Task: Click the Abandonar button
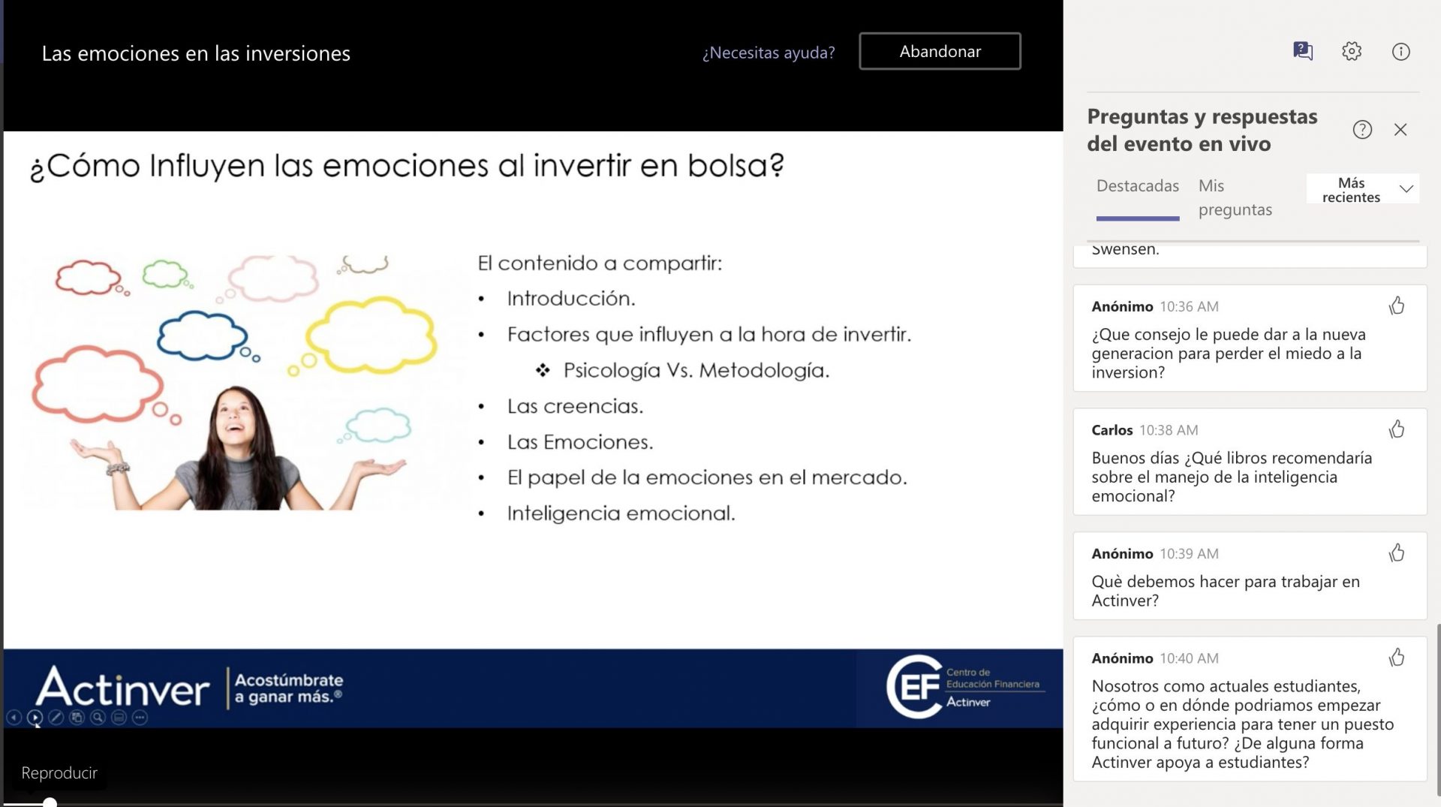(x=940, y=51)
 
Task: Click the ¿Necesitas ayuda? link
(x=769, y=53)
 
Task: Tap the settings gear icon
(x=1352, y=51)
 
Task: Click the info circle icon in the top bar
(x=1400, y=51)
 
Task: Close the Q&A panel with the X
(x=1400, y=130)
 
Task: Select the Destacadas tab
(x=1138, y=185)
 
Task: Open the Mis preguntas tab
(x=1235, y=197)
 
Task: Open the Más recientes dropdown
(x=1362, y=189)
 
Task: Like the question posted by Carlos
(x=1397, y=429)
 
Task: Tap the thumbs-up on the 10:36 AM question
(x=1397, y=306)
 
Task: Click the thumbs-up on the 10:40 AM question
(x=1397, y=658)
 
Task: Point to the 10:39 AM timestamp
(x=1189, y=554)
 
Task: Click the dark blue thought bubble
(x=203, y=336)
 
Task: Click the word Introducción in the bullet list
(x=571, y=299)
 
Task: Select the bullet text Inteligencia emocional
(x=621, y=513)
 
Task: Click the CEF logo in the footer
(x=965, y=686)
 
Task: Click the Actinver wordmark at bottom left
(x=123, y=687)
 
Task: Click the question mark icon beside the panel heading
(x=1362, y=130)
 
